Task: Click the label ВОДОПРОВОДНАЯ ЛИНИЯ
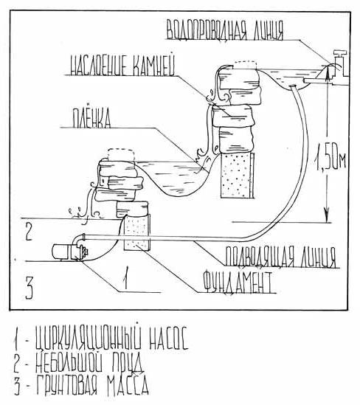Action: (225, 30)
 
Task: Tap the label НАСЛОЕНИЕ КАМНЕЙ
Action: (122, 65)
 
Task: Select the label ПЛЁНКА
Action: (91, 118)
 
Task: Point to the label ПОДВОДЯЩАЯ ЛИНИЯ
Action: (281, 257)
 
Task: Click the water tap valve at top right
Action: (340, 63)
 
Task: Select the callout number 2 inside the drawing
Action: (29, 232)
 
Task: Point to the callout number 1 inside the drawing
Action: (125, 278)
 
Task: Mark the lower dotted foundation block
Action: (136, 232)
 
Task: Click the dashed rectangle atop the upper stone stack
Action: (246, 65)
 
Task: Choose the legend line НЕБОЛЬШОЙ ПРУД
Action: (78, 362)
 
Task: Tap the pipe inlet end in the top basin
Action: (293, 86)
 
